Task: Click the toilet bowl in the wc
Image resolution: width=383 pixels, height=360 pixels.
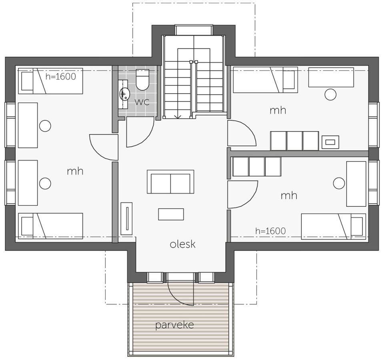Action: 142,80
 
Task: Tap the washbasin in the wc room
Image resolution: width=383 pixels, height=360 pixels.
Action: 124,94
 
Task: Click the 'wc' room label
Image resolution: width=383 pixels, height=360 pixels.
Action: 142,102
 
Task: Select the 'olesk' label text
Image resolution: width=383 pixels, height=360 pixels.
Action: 183,244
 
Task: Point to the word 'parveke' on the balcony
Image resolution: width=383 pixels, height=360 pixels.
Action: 174,325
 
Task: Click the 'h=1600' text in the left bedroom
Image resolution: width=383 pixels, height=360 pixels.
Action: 61,77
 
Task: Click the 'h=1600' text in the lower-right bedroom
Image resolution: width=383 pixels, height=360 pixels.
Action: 271,231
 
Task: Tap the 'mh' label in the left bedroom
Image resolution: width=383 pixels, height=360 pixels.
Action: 75,171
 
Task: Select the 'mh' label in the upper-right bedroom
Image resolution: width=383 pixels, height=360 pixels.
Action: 278,110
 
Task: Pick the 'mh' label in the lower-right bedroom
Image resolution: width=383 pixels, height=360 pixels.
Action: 289,196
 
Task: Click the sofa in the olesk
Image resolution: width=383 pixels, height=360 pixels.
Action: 170,182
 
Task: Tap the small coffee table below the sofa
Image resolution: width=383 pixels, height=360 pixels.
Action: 171,214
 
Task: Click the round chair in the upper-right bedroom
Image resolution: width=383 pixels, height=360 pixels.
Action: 331,94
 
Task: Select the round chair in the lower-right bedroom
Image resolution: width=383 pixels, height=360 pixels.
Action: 339,183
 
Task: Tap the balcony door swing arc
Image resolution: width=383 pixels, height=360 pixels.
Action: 176,296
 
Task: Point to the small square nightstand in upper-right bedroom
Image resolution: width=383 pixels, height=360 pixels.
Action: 330,142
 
